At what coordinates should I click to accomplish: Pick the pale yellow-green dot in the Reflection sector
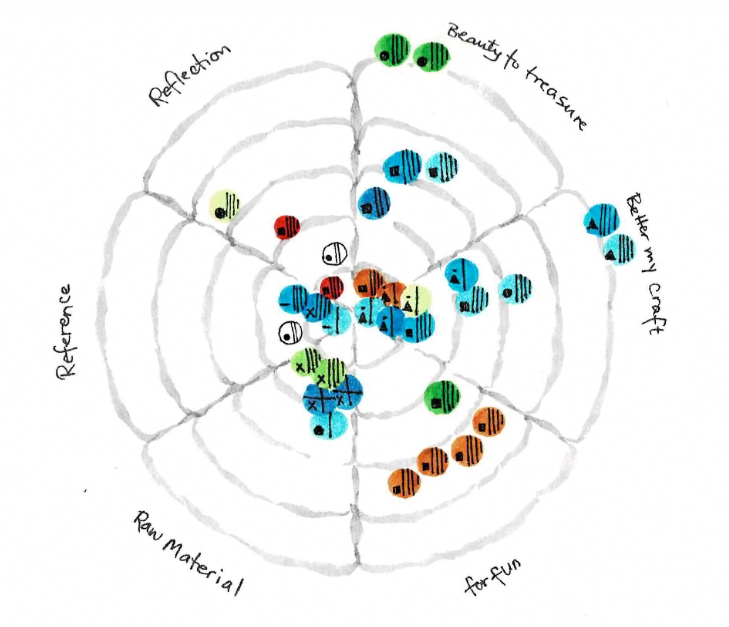coord(225,206)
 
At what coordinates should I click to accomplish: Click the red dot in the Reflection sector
coord(287,228)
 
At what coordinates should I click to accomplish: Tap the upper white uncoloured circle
coord(335,254)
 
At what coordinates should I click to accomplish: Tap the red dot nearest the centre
coord(332,288)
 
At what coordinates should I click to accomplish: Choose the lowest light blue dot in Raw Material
coord(329,424)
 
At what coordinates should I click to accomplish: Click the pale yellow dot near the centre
coord(414,300)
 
